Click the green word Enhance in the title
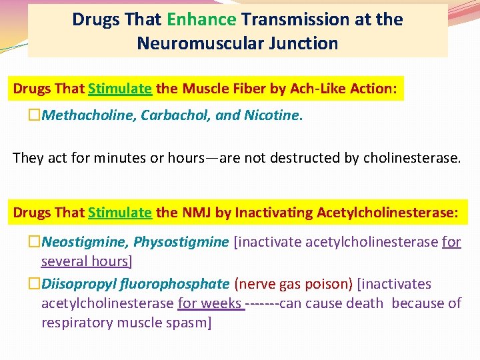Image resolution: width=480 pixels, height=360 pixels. point(201,19)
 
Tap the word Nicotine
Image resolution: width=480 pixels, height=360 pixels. point(271,115)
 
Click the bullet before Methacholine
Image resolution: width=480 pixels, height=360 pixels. point(35,116)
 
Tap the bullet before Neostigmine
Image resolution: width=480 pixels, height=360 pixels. point(35,242)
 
